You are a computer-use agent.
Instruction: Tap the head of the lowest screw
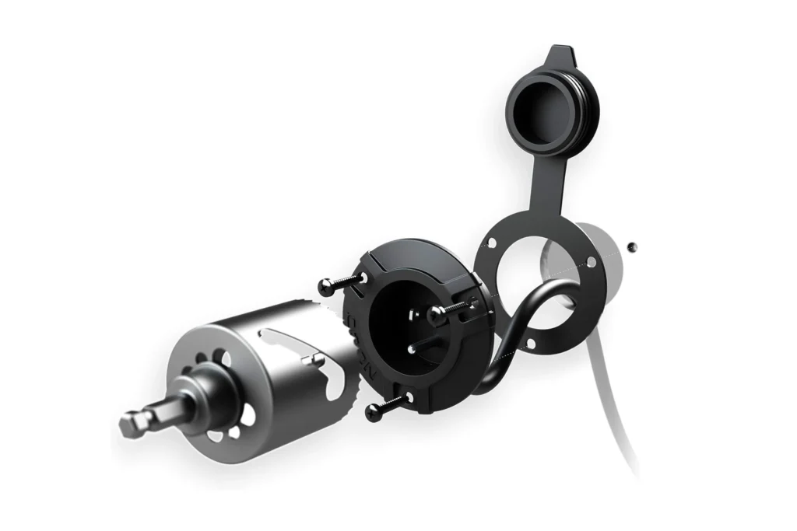[374, 414]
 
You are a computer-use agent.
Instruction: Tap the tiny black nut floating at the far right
[633, 246]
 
